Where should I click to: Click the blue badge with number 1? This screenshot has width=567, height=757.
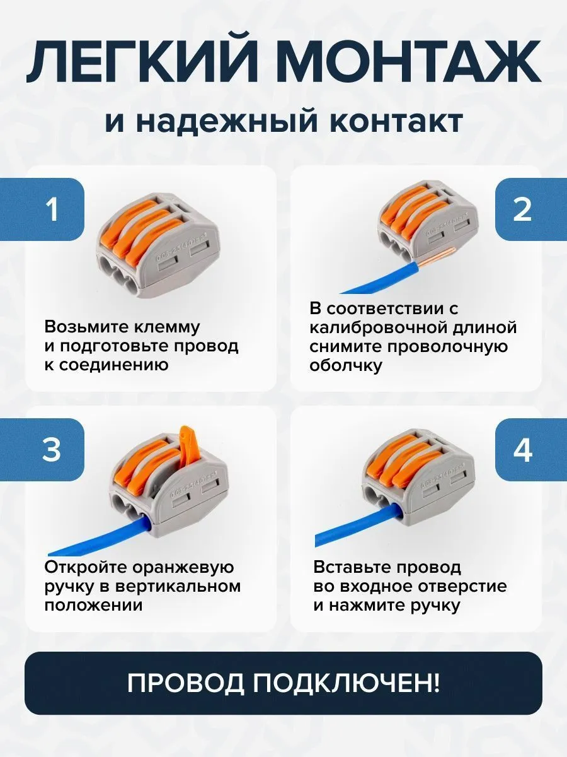click(52, 209)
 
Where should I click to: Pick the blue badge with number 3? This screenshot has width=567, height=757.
click(52, 450)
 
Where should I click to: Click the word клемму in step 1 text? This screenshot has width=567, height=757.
click(166, 327)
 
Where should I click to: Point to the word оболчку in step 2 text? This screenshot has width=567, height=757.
click(346, 366)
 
